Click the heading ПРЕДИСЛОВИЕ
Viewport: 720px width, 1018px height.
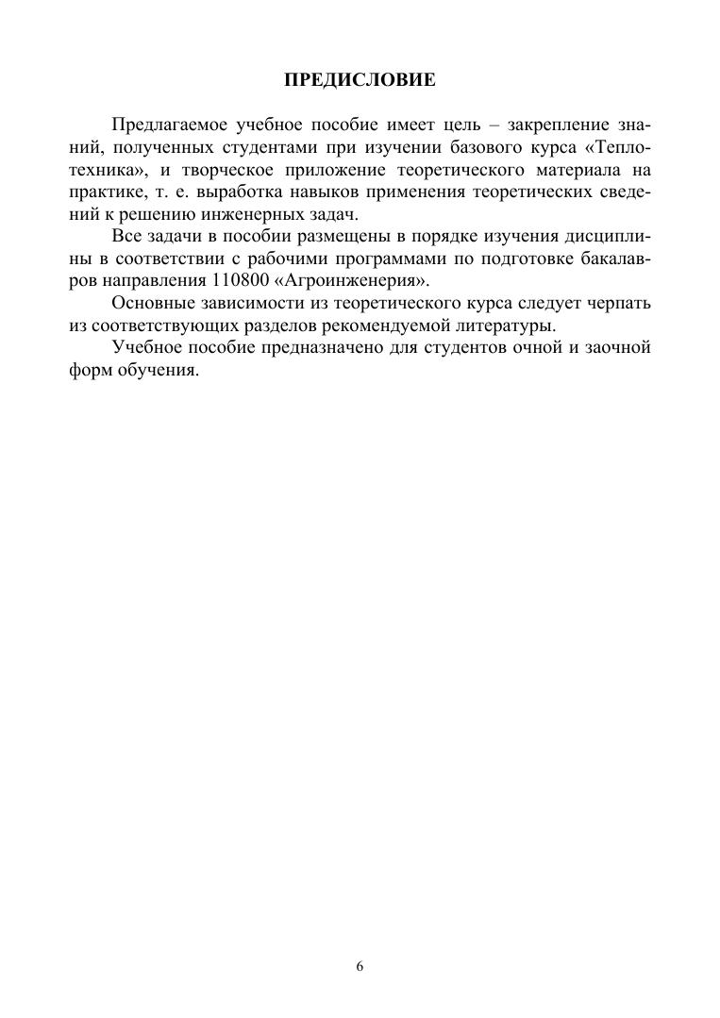pos(360,81)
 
